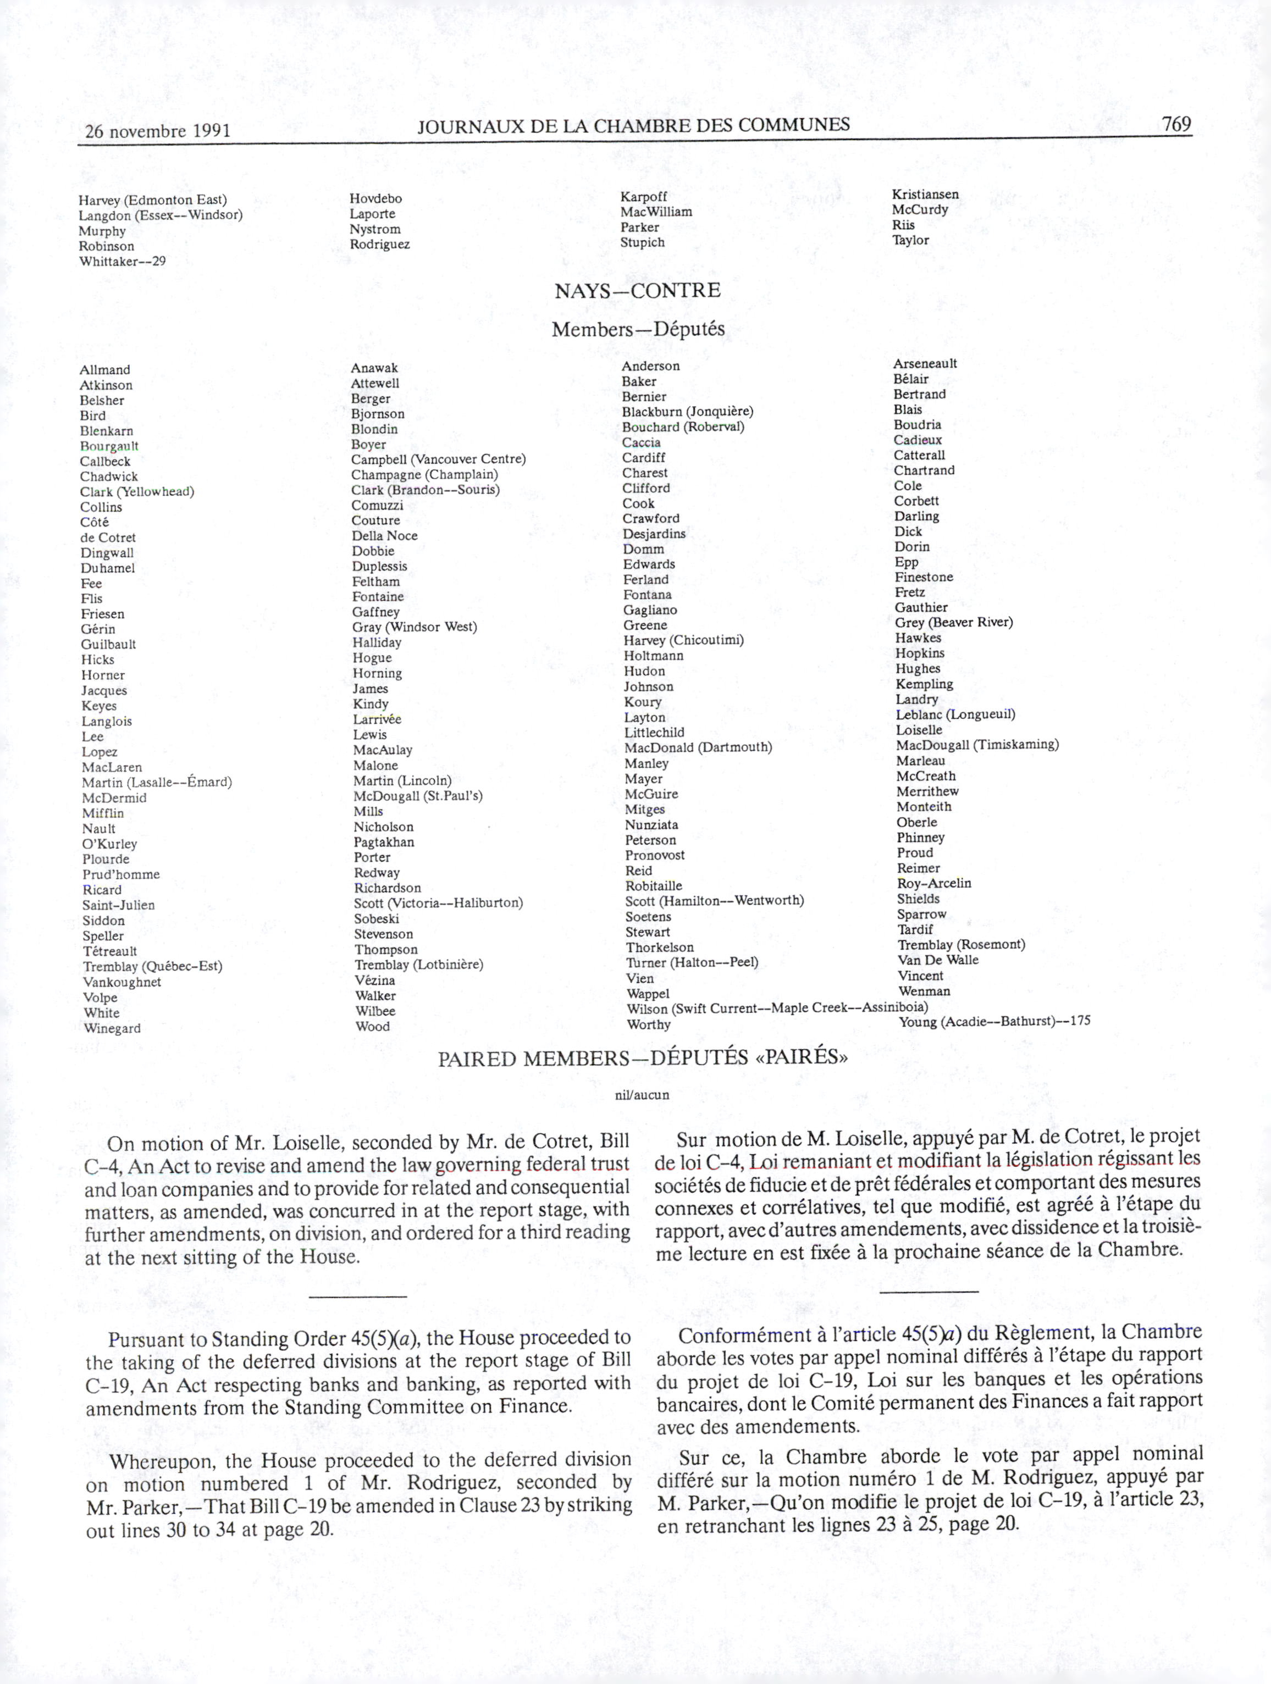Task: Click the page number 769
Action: [x=1176, y=124]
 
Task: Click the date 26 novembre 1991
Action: [x=158, y=131]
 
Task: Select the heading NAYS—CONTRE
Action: [x=637, y=291]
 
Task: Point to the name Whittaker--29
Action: [x=122, y=262]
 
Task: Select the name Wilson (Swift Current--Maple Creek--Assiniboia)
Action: [x=777, y=1009]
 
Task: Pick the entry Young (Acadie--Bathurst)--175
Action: [x=994, y=1022]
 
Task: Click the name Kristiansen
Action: [x=925, y=194]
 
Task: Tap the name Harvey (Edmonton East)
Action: [x=152, y=200]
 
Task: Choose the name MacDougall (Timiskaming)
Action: [x=977, y=745]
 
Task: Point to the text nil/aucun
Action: [x=642, y=1095]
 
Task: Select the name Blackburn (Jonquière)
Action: [x=688, y=412]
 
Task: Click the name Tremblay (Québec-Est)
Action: [x=152, y=967]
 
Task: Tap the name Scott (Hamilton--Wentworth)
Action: [x=714, y=901]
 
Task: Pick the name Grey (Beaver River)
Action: [x=953, y=623]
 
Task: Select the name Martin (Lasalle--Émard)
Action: [x=157, y=783]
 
